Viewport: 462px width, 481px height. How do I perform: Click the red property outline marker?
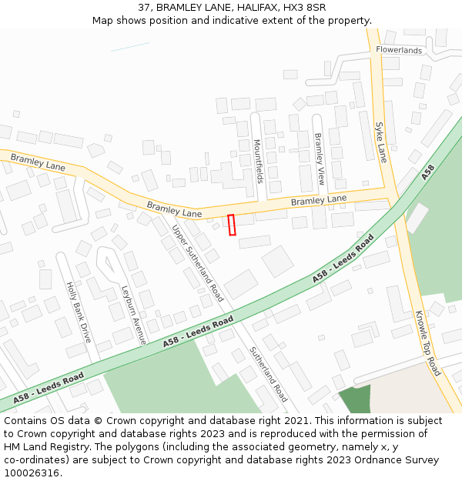coord(232,225)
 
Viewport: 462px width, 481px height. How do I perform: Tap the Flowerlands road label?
coord(399,51)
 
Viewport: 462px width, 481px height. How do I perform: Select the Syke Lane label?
coord(380,142)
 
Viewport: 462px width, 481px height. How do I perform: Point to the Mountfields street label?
coord(259,162)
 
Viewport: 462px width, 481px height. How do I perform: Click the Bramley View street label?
coord(320,159)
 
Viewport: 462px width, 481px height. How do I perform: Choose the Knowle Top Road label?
coord(427,343)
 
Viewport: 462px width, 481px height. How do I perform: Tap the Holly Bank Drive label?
coord(79,312)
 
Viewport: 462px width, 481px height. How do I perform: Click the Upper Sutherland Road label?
coord(198,262)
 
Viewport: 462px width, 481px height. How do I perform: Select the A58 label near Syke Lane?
coord(428,172)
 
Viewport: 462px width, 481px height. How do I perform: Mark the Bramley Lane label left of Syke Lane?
coord(319,200)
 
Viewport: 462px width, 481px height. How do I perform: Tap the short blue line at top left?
coord(129,47)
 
